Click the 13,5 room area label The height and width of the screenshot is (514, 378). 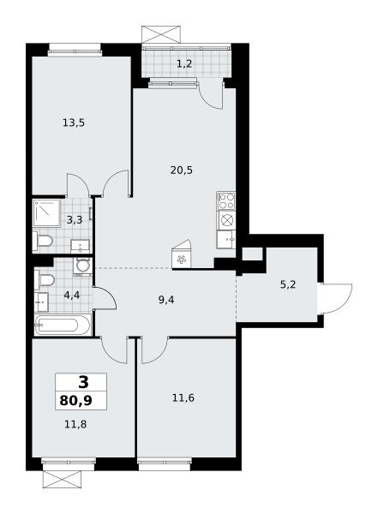pyautogui.click(x=74, y=123)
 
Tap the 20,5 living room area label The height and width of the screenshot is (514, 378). pyautogui.click(x=182, y=170)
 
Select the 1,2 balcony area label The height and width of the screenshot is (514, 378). pyautogui.click(x=184, y=63)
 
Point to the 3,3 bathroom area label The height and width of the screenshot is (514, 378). pyautogui.click(x=75, y=219)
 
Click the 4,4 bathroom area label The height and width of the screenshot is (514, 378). pyautogui.click(x=72, y=296)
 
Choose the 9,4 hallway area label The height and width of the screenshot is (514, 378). pyautogui.click(x=166, y=300)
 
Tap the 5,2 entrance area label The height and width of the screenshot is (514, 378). pyautogui.click(x=288, y=284)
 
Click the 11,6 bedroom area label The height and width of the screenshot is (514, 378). pyautogui.click(x=183, y=398)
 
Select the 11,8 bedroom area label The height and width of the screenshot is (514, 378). pyautogui.click(x=75, y=425)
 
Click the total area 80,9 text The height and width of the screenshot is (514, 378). pyautogui.click(x=75, y=401)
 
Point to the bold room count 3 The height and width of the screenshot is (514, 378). pyautogui.click(x=83, y=382)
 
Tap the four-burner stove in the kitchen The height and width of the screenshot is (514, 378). pyautogui.click(x=226, y=200)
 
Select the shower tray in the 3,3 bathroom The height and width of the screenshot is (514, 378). pyautogui.click(x=47, y=212)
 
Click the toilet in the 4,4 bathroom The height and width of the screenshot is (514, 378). pyautogui.click(x=45, y=280)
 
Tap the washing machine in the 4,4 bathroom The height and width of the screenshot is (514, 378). pyautogui.click(x=82, y=266)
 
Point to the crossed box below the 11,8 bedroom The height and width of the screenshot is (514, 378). pyautogui.click(x=62, y=479)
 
